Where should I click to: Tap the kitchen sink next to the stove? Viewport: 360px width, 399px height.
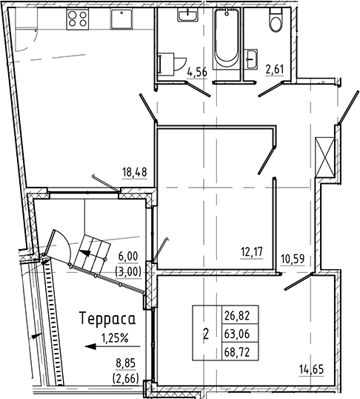117,19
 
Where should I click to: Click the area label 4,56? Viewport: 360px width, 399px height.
197,72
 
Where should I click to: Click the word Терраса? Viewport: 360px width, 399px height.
105,320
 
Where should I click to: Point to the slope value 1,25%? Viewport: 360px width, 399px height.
113,338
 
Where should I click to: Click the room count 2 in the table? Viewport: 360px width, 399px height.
205,334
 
